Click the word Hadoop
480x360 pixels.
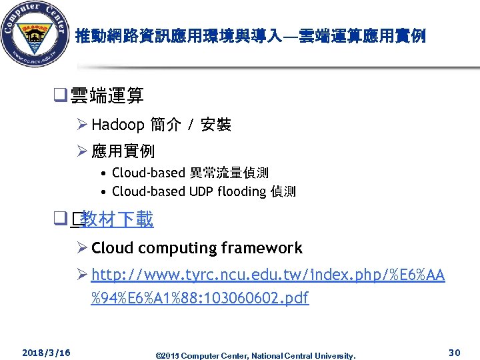tap(118, 125)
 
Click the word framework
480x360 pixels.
tap(262, 249)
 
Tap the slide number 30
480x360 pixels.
tap(455, 351)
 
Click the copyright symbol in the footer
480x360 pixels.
tap(157, 355)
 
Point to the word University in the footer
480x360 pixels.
tap(337, 355)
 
